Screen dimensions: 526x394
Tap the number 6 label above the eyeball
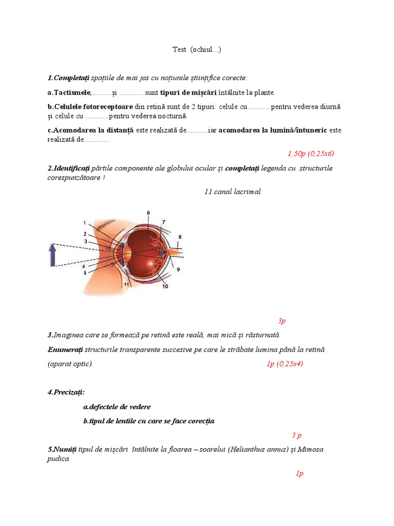coord(148,213)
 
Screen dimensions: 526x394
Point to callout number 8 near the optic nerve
coord(180,237)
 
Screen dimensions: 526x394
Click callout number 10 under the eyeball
coord(165,287)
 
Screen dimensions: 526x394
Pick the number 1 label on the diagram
coord(84,222)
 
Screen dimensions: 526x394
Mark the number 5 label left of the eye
coord(84,273)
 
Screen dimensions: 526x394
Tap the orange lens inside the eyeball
coord(127,252)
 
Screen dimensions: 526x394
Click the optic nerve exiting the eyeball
coord(172,253)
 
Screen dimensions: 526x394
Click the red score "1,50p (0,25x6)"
coord(311,153)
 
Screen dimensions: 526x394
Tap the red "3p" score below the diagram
coord(282,321)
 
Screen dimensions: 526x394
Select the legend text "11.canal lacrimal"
coord(232,192)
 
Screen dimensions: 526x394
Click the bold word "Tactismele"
coord(72,92)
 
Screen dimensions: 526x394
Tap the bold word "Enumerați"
coord(65,349)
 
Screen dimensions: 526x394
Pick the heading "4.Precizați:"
coord(66,392)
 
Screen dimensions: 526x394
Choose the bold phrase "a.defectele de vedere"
coord(117,406)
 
